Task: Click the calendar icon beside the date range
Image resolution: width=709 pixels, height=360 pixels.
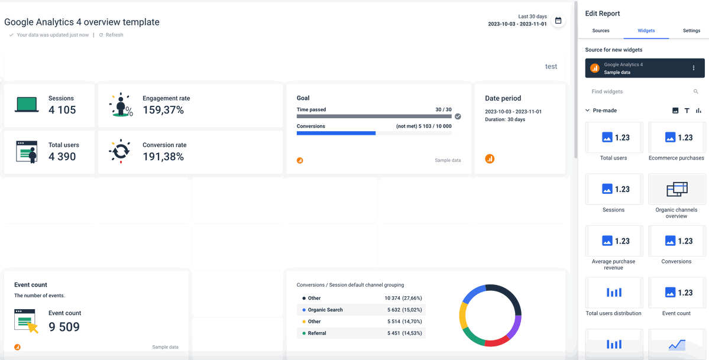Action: coord(558,20)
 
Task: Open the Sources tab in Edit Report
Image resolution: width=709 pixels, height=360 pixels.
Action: coord(600,31)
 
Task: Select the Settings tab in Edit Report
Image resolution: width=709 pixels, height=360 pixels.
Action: coord(691,31)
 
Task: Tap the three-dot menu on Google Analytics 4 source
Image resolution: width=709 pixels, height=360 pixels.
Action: coord(694,69)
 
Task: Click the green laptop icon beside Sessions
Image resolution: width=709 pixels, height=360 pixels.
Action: coord(27,104)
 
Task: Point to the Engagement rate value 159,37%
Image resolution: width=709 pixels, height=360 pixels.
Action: coord(163,110)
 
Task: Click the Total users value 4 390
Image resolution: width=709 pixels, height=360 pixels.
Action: coord(63,157)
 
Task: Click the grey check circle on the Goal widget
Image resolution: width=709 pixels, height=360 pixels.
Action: coord(458,116)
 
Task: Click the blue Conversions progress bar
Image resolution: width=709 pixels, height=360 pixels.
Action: coord(336,133)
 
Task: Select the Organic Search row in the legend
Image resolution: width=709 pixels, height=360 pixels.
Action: coord(361,310)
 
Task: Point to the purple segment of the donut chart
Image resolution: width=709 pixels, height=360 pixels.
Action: coord(514,327)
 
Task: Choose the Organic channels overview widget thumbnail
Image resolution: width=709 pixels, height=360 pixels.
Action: coord(676,189)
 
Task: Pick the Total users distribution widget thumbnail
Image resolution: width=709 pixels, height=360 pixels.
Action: coord(614,293)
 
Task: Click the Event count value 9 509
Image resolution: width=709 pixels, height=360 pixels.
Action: coord(64,327)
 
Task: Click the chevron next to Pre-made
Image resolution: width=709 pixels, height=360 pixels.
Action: coord(587,111)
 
